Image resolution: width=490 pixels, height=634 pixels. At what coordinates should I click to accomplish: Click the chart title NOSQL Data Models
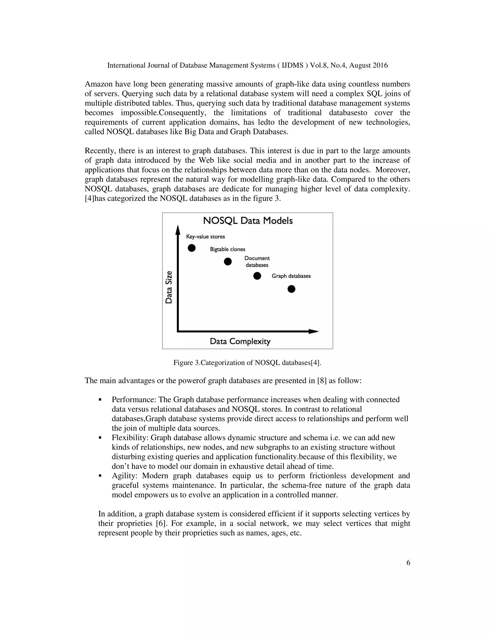(248, 221)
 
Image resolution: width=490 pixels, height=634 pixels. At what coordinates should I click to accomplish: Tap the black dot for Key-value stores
(192, 248)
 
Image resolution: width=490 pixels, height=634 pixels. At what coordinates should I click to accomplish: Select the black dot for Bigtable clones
(228, 261)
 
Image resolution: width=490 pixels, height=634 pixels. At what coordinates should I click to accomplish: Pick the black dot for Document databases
(257, 276)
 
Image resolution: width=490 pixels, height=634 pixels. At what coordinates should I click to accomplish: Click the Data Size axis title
(169, 287)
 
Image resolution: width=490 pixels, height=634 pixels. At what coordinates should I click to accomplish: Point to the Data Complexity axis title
(240, 341)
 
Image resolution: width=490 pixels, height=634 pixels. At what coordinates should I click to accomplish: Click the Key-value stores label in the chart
(206, 237)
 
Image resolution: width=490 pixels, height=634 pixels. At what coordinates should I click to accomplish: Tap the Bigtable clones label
(228, 249)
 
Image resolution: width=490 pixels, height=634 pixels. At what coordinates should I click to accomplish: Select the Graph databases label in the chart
(291, 276)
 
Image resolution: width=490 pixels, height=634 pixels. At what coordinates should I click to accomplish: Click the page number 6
(408, 563)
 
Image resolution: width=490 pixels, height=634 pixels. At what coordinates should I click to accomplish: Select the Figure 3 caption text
(247, 362)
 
